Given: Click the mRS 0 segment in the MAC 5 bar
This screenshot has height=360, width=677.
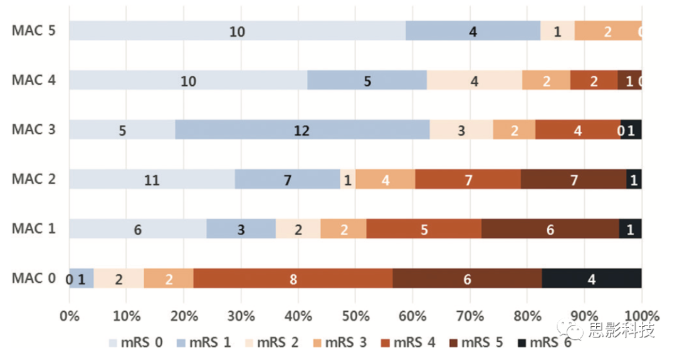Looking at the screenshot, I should tap(237, 31).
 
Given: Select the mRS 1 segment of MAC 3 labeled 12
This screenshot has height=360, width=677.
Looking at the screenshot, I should tap(302, 130).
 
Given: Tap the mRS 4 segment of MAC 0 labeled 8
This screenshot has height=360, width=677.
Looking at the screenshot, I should tap(293, 278).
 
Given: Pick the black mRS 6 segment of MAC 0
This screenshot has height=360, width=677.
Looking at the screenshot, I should tap(591, 278).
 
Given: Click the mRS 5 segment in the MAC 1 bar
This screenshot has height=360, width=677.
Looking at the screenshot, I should tap(550, 229).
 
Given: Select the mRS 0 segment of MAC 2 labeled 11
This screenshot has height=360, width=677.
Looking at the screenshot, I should tap(152, 179).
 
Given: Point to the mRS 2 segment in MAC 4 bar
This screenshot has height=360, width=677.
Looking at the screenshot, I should tap(475, 80).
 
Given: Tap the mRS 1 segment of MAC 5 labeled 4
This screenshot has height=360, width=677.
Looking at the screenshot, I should tap(473, 31).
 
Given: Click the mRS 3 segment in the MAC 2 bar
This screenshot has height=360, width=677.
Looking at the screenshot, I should tap(385, 179).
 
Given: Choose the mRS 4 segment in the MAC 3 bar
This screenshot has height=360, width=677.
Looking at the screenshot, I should tap(577, 130).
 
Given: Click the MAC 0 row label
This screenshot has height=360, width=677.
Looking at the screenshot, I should tap(34, 278).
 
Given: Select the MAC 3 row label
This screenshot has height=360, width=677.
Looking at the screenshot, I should tap(34, 129).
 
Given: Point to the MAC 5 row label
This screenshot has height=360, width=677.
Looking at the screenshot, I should tap(34, 31).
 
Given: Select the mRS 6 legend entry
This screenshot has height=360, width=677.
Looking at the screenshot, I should tap(545, 342).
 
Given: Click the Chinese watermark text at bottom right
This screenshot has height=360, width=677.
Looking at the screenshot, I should tap(620, 331).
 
